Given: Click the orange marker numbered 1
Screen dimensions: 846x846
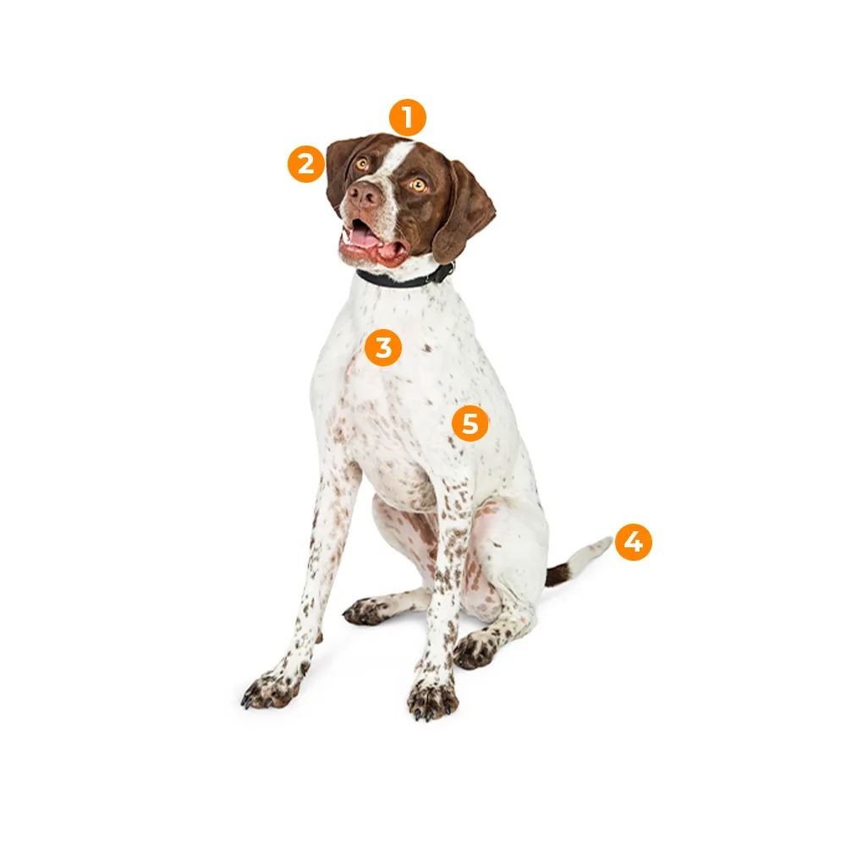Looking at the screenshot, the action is point(408,118).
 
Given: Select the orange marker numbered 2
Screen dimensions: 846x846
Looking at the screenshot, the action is point(306,163).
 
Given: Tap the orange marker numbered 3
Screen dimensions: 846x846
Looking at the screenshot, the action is point(383,348).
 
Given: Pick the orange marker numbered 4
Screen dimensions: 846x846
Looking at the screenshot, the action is point(634,541).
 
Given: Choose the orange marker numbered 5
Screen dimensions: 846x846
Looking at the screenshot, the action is point(470,424).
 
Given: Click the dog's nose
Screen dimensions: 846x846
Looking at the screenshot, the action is point(364,195).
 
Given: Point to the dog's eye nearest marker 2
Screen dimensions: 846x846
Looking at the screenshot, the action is point(361,163).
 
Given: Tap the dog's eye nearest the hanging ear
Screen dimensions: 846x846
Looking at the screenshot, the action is point(418,185).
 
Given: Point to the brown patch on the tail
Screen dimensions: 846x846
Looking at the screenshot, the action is point(558,575).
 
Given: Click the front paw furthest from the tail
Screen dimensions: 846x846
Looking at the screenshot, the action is point(271,689).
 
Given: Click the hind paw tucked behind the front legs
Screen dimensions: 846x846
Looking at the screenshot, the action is point(365,611).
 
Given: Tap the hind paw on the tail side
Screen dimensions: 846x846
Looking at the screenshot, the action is point(475,649).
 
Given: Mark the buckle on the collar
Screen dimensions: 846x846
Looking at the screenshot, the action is point(445,273).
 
